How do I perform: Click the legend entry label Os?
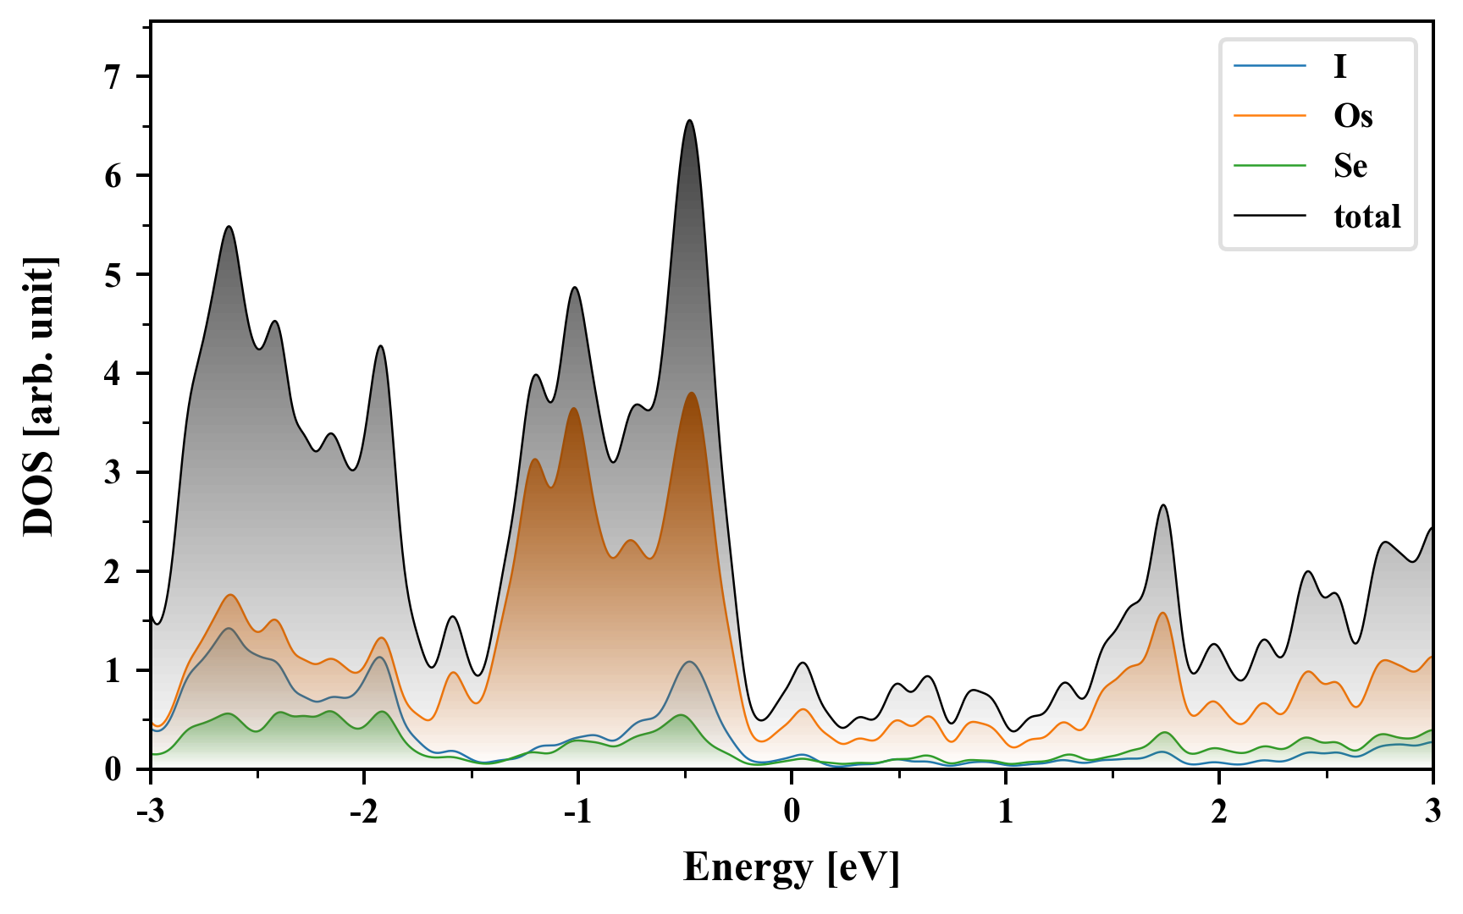pyautogui.click(x=1352, y=116)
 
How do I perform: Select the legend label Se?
pyautogui.click(x=1350, y=166)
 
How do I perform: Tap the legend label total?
pyautogui.click(x=1366, y=217)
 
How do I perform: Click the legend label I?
pyautogui.click(x=1339, y=66)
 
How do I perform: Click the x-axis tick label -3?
pyautogui.click(x=150, y=811)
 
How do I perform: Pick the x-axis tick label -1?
pyautogui.click(x=577, y=811)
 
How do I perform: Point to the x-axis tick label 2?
pyautogui.click(x=1219, y=811)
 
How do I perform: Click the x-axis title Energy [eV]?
pyautogui.click(x=791, y=867)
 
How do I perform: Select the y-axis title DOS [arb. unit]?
pyautogui.click(x=39, y=396)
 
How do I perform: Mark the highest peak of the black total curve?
pyautogui.click(x=690, y=120)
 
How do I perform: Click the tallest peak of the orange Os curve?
pyautogui.click(x=692, y=393)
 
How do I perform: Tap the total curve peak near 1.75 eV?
pyautogui.click(x=1163, y=505)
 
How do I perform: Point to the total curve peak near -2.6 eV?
pyautogui.click(x=229, y=227)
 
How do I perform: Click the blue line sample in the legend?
pyautogui.click(x=1269, y=66)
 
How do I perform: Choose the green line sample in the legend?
pyautogui.click(x=1269, y=166)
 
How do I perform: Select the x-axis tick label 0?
pyautogui.click(x=791, y=811)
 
